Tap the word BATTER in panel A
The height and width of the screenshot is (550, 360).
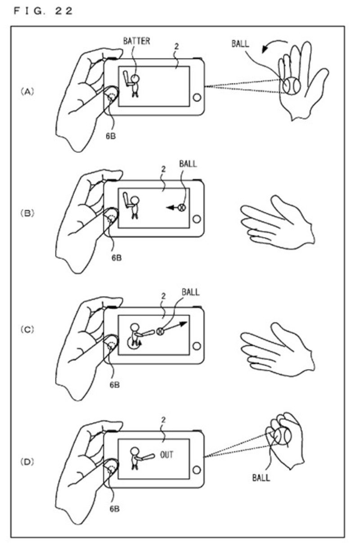[137, 41]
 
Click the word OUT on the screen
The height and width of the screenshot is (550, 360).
[166, 455]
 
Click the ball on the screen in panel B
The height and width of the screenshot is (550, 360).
[182, 208]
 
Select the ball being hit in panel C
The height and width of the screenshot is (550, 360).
[160, 331]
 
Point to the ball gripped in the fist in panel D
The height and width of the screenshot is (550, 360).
[283, 436]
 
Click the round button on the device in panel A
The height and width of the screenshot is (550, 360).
[197, 98]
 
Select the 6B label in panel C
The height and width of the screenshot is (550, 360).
[113, 385]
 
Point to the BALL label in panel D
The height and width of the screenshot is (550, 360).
[261, 476]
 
